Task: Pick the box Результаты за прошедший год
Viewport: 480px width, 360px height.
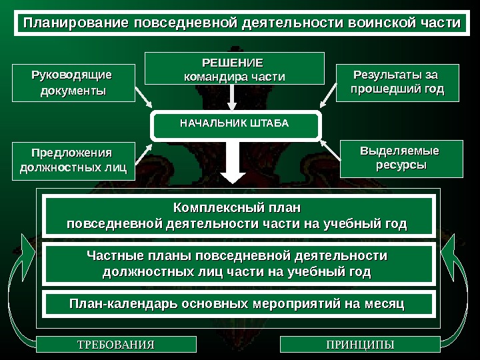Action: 397,82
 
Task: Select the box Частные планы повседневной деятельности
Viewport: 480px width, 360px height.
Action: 239,263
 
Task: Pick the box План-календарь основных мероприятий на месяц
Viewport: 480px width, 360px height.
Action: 239,303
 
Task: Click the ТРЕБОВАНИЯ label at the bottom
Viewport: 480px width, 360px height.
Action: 116,345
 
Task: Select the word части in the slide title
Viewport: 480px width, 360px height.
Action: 438,23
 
